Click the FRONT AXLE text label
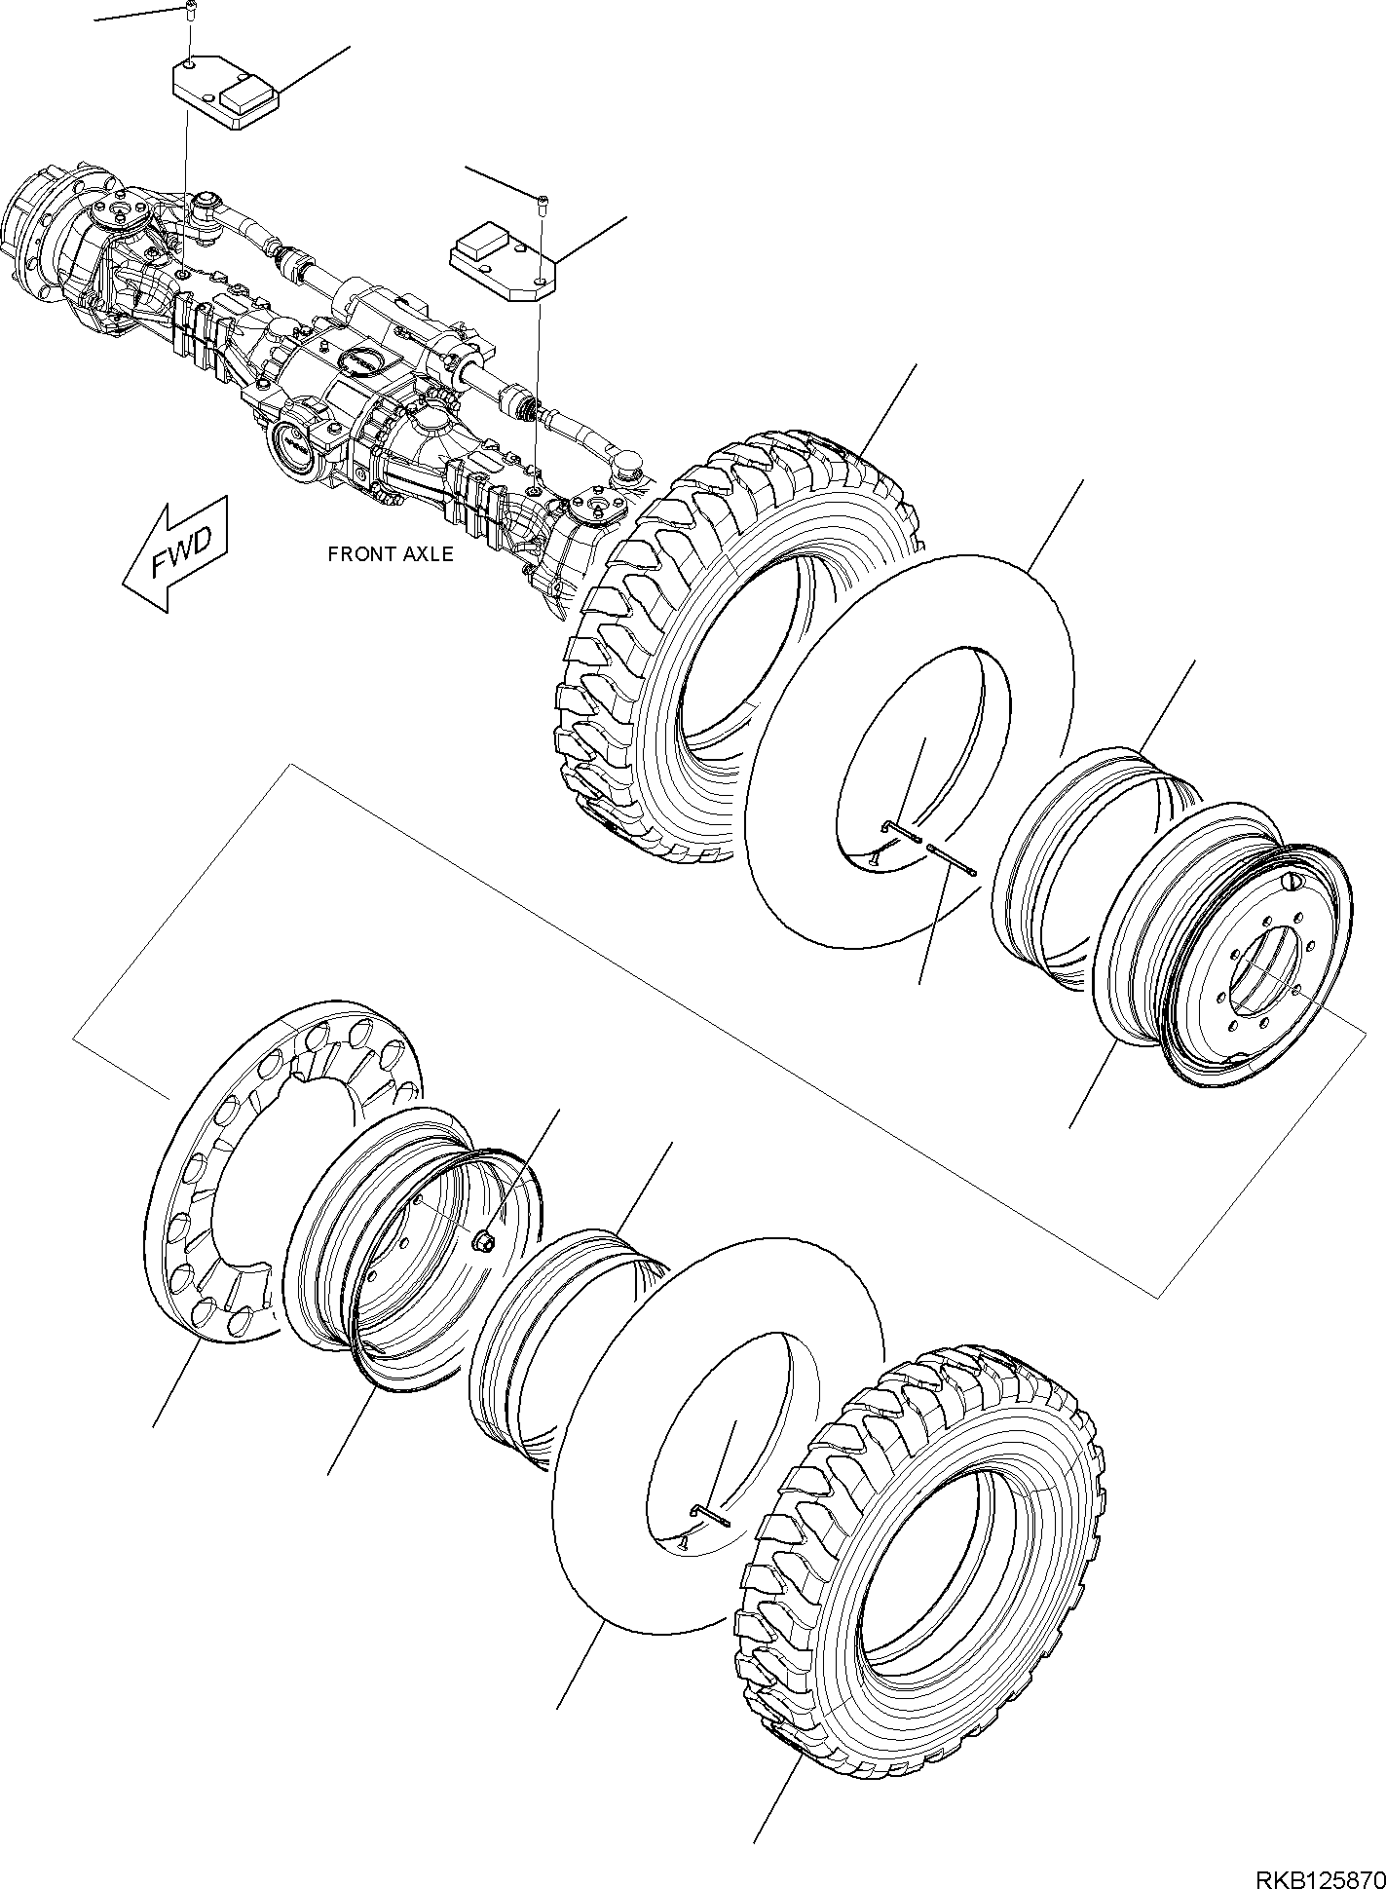(390, 554)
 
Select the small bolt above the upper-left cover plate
(191, 12)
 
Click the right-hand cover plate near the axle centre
(501, 257)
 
